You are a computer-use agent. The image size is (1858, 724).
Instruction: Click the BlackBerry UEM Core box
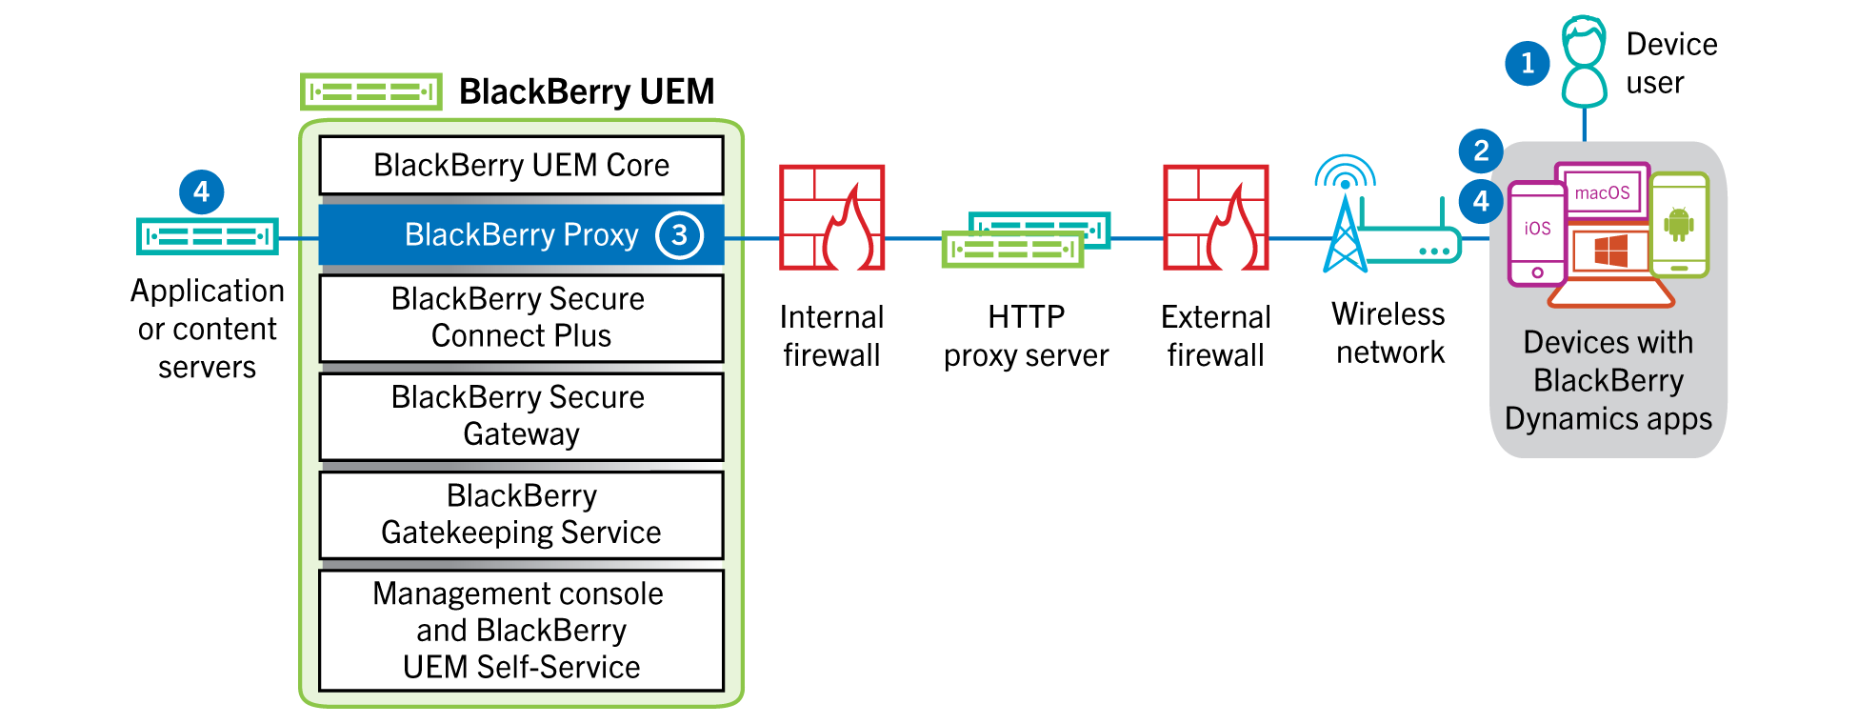[x=521, y=166]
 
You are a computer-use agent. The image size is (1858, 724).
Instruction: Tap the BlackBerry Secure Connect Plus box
[x=521, y=318]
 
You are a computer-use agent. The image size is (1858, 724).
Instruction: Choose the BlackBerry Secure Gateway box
[x=521, y=416]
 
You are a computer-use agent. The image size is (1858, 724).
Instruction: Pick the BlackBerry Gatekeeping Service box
[x=521, y=514]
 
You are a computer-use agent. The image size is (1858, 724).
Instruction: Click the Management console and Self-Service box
[x=521, y=630]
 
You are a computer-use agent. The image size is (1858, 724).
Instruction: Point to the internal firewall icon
[x=831, y=218]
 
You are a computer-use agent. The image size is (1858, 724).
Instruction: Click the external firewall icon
[x=1215, y=218]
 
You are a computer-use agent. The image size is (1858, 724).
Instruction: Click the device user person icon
[x=1584, y=62]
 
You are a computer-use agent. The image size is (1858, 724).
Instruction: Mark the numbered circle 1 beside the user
[x=1527, y=63]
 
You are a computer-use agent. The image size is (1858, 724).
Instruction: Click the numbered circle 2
[x=1480, y=151]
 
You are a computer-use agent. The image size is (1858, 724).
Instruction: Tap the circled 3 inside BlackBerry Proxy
[x=679, y=235]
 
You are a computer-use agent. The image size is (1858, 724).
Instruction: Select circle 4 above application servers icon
[x=201, y=192]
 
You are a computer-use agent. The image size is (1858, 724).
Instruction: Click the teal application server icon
[x=208, y=236]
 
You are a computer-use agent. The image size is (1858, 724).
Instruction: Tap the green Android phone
[x=1679, y=225]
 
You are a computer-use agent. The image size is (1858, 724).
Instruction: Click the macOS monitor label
[x=1602, y=192]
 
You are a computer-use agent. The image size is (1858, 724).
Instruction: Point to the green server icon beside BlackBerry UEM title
[x=370, y=92]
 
